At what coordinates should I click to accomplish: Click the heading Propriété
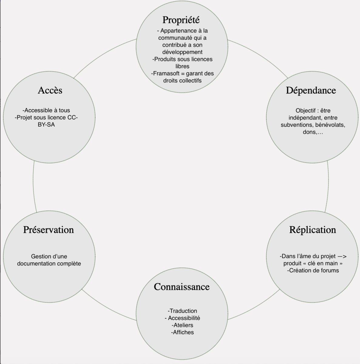(x=181, y=20)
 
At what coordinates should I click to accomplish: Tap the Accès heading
(x=50, y=90)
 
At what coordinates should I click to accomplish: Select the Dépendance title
(x=311, y=90)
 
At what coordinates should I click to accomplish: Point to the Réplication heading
(x=312, y=230)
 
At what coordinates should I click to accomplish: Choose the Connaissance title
(x=182, y=287)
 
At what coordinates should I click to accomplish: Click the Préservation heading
(x=49, y=230)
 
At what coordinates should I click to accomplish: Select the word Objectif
(x=305, y=111)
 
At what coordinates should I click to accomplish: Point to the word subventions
(x=297, y=125)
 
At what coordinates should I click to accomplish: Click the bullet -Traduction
(x=182, y=311)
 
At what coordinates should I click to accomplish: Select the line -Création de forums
(x=313, y=271)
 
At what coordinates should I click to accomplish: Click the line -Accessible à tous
(x=46, y=110)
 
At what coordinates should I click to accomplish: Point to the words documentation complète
(x=49, y=264)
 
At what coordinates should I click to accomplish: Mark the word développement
(x=182, y=52)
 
